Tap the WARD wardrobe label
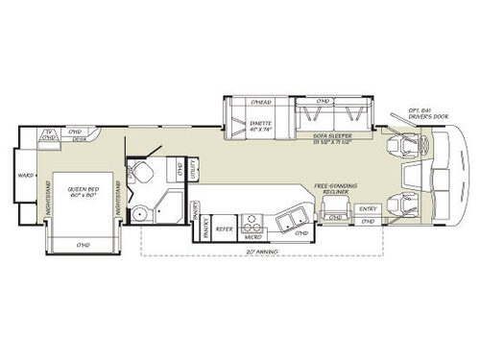27,177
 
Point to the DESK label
82,139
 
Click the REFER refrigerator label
224,230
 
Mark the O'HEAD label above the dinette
259,103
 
